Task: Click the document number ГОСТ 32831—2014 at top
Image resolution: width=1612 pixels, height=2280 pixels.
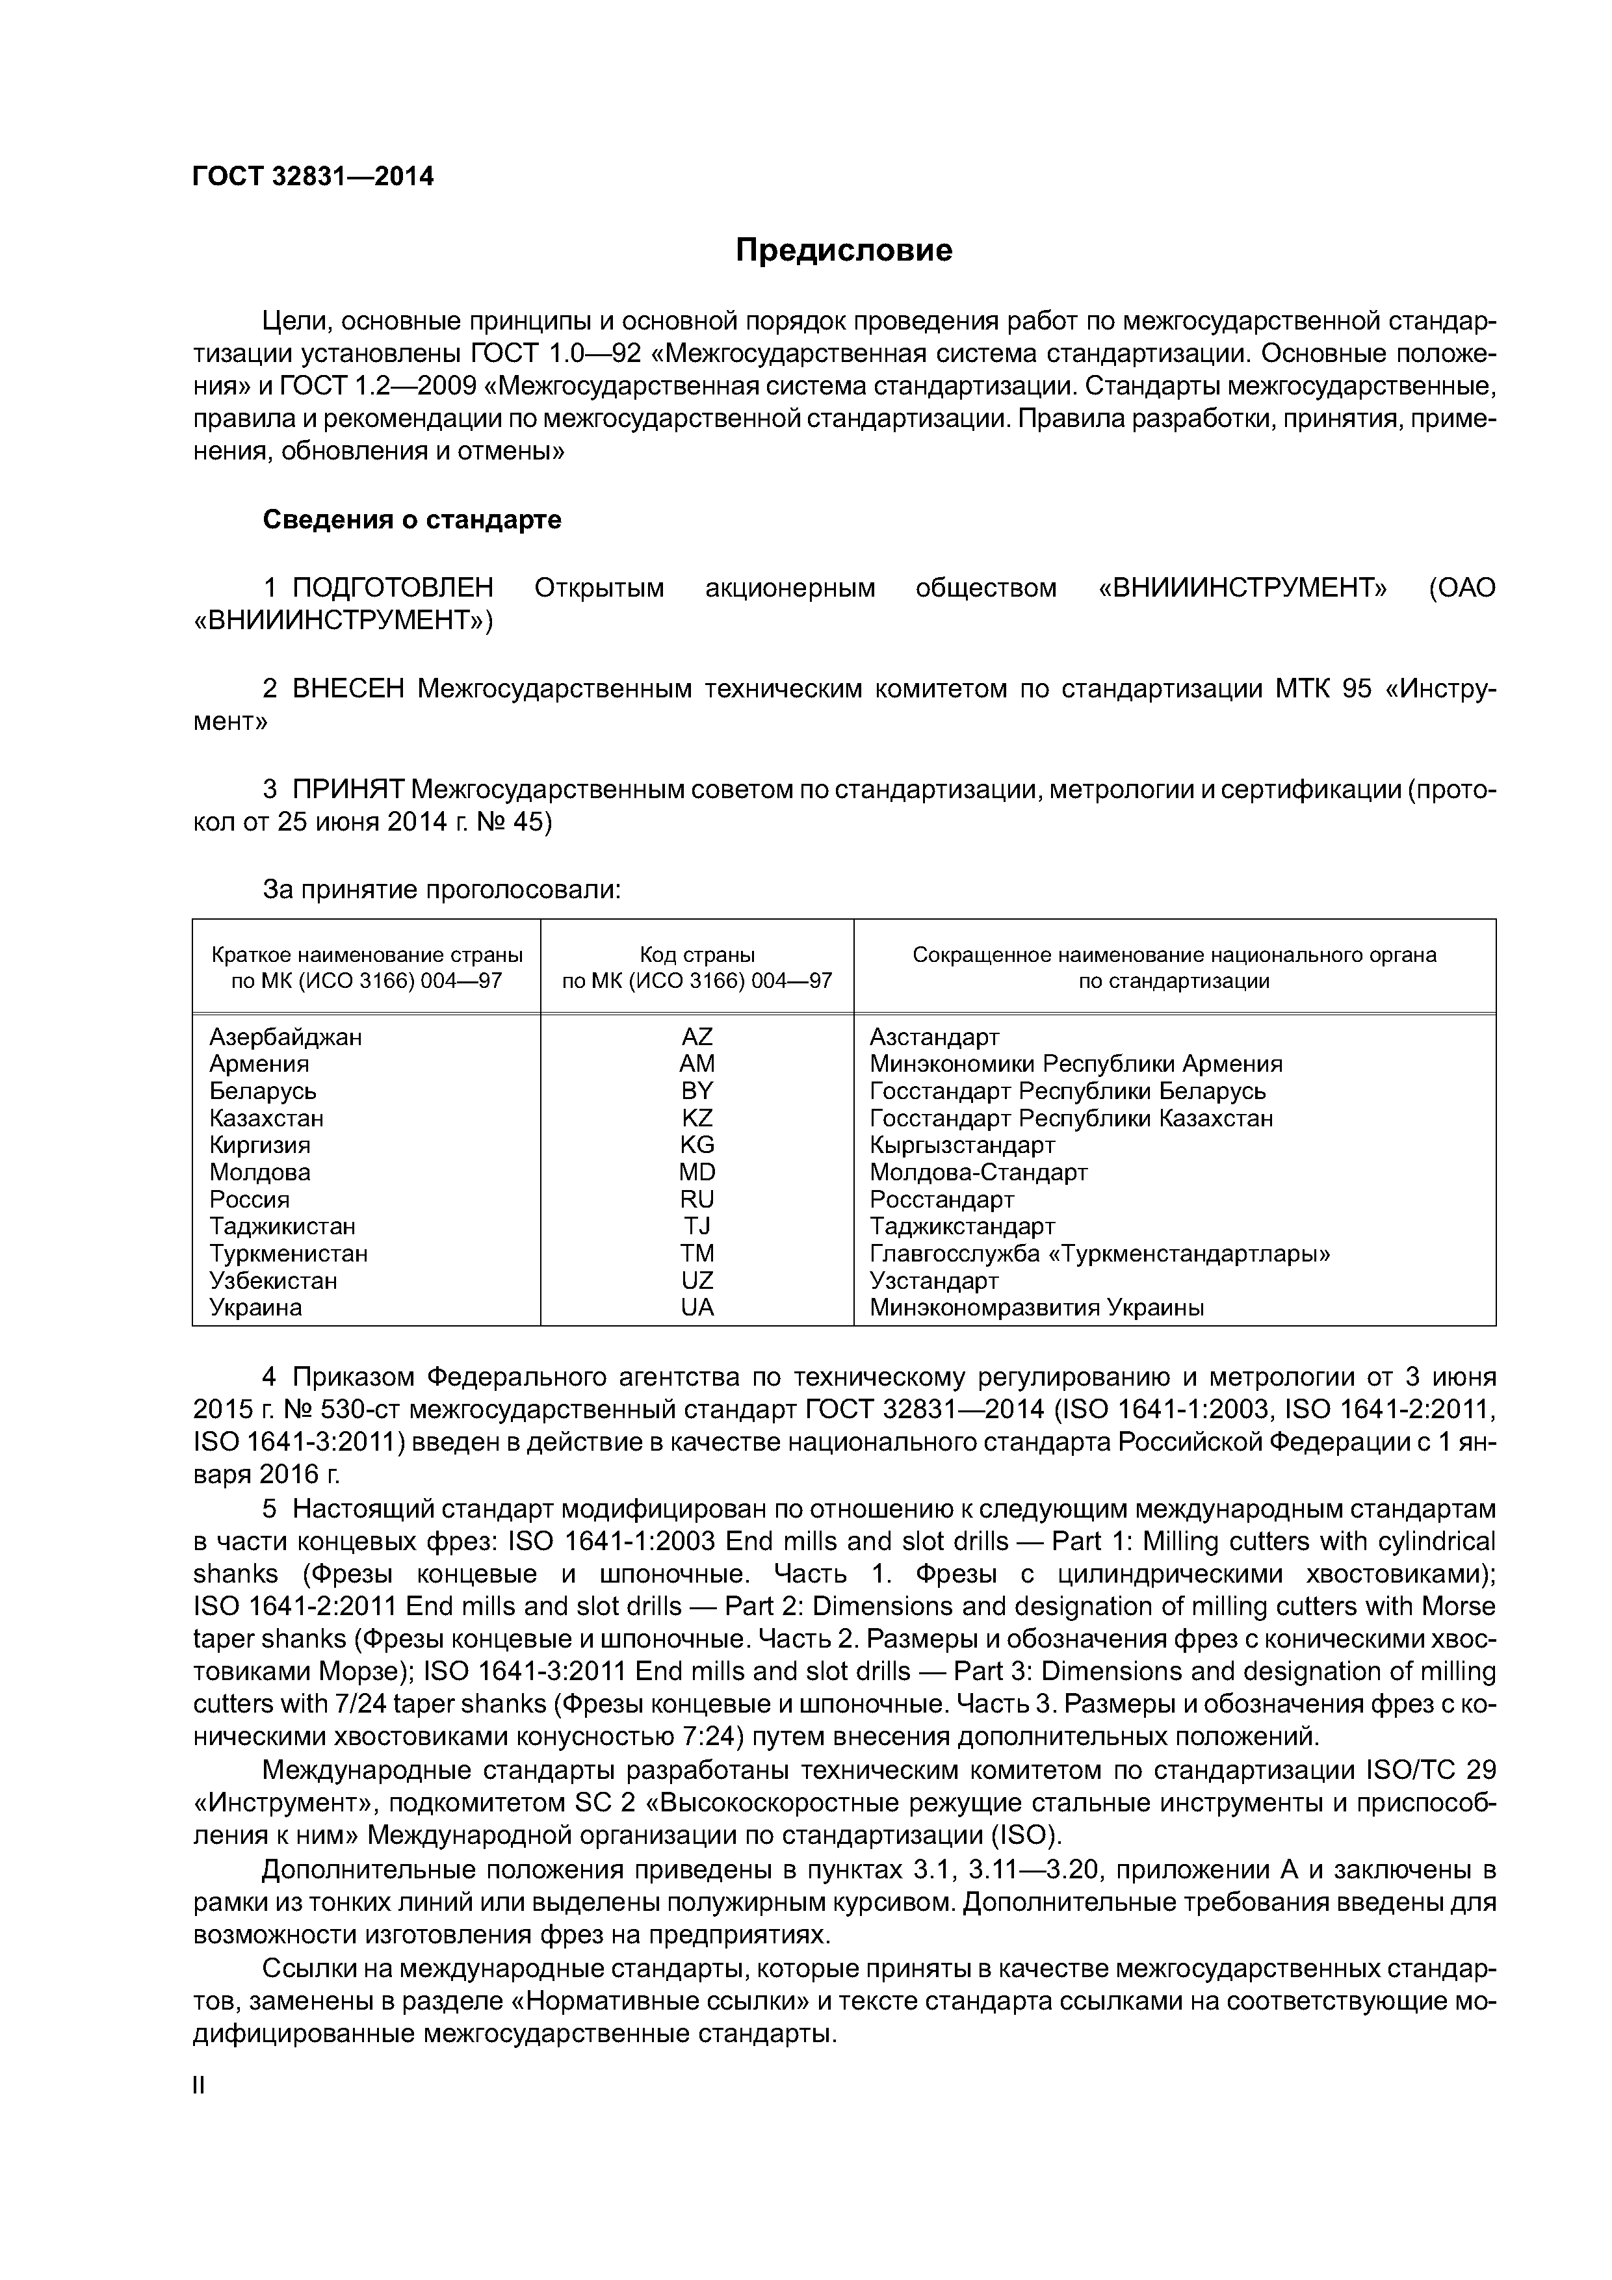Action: (313, 177)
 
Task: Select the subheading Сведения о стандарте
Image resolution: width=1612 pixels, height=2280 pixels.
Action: (411, 519)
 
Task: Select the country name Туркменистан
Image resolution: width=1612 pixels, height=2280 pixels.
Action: (288, 1253)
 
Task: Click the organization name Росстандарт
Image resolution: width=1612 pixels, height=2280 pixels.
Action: (942, 1200)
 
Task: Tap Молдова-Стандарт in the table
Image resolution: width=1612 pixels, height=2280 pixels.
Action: (978, 1172)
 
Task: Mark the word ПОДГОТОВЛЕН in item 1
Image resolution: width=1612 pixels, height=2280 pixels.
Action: (393, 588)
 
